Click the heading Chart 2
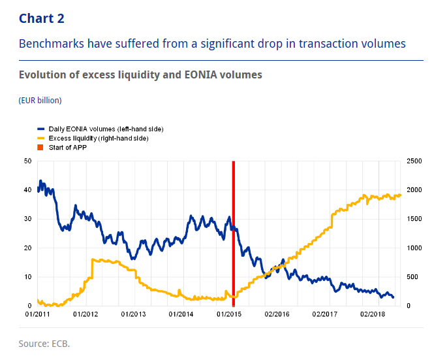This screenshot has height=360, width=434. click(x=42, y=18)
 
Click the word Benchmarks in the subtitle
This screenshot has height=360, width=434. click(x=50, y=44)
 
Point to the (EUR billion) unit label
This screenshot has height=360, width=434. click(x=40, y=101)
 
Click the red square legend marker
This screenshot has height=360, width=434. click(x=40, y=148)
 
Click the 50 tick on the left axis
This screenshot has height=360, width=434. click(x=27, y=161)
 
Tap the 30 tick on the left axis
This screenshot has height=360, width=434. click(x=27, y=219)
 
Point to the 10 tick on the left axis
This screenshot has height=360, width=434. click(x=27, y=277)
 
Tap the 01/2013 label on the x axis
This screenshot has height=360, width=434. click(x=134, y=315)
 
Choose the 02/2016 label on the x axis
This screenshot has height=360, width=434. click(x=277, y=315)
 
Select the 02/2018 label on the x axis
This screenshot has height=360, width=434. click(x=373, y=315)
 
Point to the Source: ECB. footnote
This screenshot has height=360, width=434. click(x=44, y=342)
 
